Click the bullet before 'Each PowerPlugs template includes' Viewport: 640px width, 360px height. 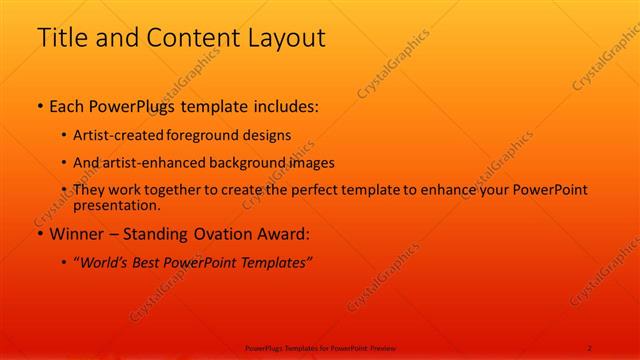pyautogui.click(x=39, y=105)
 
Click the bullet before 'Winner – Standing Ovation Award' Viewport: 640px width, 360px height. pyautogui.click(x=39, y=235)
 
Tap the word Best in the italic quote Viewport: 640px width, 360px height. pyautogui.click(x=152, y=263)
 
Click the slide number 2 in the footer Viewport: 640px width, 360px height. pyautogui.click(x=590, y=347)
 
